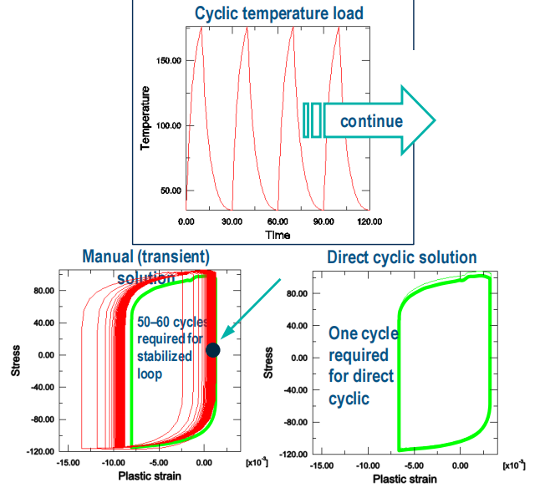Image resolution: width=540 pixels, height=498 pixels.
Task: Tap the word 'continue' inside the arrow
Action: (x=371, y=121)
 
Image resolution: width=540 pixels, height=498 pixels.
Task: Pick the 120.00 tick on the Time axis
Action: (x=369, y=221)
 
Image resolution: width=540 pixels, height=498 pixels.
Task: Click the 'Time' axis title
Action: (x=278, y=235)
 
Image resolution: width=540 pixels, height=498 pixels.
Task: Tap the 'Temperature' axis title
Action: (x=145, y=117)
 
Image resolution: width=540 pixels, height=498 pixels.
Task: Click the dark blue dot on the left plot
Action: (x=212, y=350)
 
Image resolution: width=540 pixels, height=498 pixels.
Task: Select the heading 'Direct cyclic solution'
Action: (x=402, y=257)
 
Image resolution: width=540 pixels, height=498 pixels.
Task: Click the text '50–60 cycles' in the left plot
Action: (x=176, y=323)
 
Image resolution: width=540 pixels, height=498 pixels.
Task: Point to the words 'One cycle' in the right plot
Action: (x=364, y=333)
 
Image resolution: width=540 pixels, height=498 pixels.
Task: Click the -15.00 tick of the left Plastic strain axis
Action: (x=69, y=461)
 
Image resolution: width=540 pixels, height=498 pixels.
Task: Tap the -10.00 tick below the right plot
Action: (x=367, y=464)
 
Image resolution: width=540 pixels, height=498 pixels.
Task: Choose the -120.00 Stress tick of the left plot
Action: (x=35, y=451)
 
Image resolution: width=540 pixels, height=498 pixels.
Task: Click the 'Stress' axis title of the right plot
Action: (x=268, y=368)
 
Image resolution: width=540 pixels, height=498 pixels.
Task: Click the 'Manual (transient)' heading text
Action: (x=145, y=256)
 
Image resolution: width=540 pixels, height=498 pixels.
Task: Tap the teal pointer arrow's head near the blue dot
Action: (x=226, y=338)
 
